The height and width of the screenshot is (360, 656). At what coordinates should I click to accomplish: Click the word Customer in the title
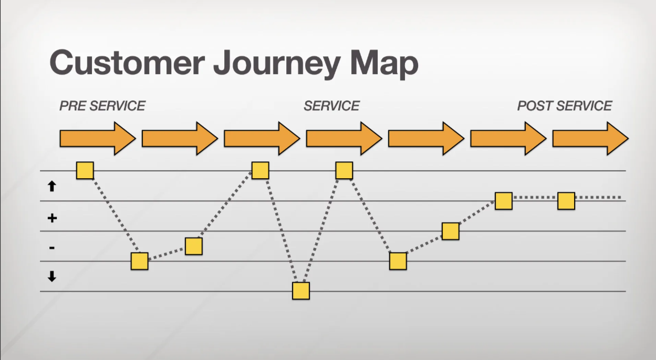(128, 63)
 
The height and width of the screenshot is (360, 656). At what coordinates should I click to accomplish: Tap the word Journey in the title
(277, 65)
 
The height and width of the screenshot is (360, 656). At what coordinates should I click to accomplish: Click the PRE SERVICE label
(102, 106)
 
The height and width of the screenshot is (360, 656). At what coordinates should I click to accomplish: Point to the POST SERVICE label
(565, 106)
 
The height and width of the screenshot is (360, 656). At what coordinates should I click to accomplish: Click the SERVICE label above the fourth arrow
(332, 106)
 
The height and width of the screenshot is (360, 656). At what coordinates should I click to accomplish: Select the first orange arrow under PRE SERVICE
(98, 139)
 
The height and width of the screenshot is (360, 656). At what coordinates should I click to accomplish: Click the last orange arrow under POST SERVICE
(590, 139)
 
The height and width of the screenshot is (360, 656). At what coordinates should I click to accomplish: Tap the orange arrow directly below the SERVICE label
(344, 139)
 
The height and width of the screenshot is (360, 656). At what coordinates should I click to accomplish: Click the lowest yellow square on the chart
(301, 291)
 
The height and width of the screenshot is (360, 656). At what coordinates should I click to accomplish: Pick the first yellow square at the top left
(85, 170)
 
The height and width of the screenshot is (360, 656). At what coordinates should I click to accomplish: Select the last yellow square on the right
(566, 201)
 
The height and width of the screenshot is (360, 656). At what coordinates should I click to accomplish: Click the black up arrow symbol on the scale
(52, 186)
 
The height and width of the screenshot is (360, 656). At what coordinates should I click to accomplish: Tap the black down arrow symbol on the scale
(52, 276)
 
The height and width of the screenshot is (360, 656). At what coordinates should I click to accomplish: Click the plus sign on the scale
(52, 218)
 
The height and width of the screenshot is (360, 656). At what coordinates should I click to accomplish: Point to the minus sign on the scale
(52, 248)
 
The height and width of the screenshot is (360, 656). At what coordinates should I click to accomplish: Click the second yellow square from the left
(139, 261)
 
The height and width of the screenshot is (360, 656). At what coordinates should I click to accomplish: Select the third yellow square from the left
(194, 246)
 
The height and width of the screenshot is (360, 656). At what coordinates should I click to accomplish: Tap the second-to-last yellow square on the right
(504, 201)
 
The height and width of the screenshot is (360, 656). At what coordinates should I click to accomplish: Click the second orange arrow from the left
(180, 139)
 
